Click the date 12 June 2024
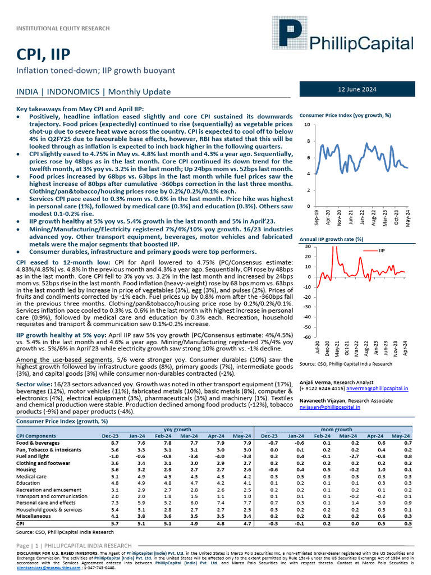(357, 90)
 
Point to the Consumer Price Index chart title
(345, 115)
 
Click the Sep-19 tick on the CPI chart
(317, 218)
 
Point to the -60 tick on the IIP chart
(308, 337)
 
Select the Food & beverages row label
(38, 443)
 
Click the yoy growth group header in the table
(177, 428)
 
